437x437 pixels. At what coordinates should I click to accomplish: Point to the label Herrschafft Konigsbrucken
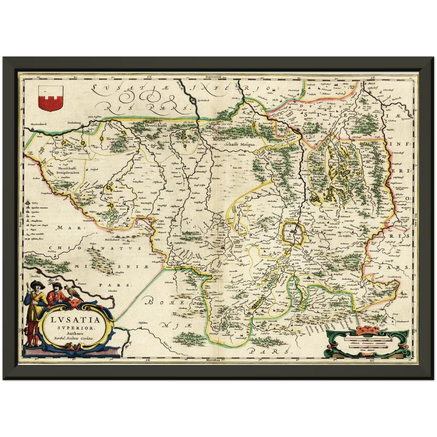point(67,170)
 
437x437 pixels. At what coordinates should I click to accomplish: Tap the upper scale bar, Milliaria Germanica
point(367,340)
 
